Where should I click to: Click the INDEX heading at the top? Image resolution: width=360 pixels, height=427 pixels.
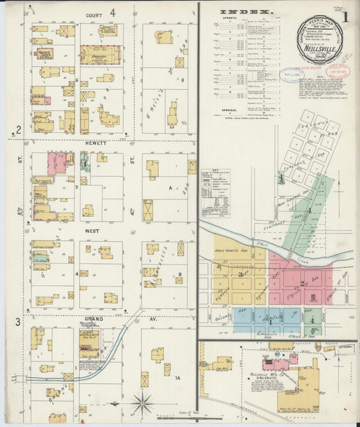click(x=247, y=12)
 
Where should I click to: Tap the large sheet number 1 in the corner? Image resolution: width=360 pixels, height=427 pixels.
click(x=345, y=16)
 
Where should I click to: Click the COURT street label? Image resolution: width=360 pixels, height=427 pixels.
click(x=94, y=14)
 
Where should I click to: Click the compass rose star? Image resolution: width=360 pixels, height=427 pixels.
click(x=142, y=403)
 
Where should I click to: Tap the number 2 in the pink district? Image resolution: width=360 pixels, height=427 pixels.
click(x=302, y=283)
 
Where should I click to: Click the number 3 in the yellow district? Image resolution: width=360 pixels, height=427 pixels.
click(x=241, y=274)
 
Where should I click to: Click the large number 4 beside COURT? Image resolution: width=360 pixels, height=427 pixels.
click(x=113, y=12)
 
